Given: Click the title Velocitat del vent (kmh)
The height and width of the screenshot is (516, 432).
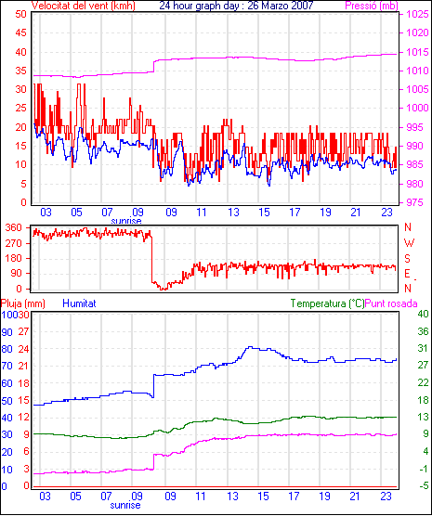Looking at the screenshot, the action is point(84,6).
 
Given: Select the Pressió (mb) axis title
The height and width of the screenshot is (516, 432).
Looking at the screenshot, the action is point(372,6).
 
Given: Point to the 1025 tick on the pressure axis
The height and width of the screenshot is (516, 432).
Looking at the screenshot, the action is point(417,14).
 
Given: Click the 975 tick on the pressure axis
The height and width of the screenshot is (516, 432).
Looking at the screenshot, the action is point(417,202).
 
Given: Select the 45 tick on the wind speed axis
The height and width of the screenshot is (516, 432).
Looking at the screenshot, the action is point(20,32).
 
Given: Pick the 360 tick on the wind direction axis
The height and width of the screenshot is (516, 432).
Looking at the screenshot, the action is point(14,227).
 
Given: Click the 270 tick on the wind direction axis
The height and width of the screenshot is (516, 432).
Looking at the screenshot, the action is point(14,243).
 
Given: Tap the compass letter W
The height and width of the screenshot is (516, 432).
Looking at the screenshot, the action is point(409,243).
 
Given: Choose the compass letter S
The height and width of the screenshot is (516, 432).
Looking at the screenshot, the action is point(408,259).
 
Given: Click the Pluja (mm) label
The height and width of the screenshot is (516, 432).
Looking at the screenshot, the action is point(23,303).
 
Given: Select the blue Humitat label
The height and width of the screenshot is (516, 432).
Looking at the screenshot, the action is point(79,303).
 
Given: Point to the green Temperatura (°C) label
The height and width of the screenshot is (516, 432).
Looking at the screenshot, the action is point(328,303).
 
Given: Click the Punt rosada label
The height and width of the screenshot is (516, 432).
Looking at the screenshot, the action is point(391,303).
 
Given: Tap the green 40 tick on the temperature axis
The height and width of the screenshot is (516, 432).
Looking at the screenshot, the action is point(423,314).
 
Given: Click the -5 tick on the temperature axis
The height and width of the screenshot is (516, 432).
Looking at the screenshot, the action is point(423,485).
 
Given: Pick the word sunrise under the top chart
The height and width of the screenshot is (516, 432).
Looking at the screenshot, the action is point(126,221).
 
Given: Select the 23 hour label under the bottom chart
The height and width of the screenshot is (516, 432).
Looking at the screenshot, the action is point(386,496).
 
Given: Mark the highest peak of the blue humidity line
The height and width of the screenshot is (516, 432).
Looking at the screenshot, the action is point(251,347).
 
